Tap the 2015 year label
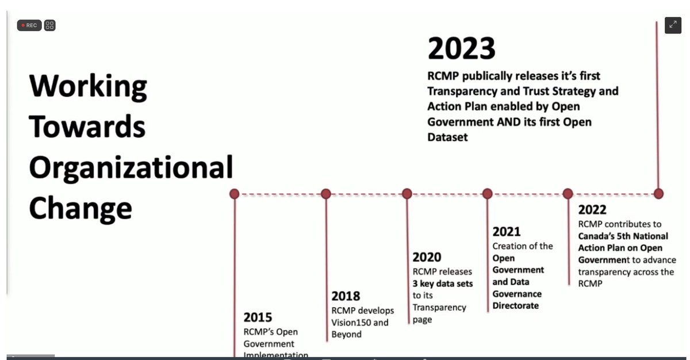[258, 317]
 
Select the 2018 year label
[346, 296]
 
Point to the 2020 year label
[427, 257]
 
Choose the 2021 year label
[507, 232]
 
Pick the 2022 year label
[592, 210]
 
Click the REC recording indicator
[29, 25]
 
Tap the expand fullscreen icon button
[673, 25]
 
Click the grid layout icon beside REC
[50, 25]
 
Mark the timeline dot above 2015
[235, 194]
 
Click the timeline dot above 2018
[326, 194]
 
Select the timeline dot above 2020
[407, 194]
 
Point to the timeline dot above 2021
[488, 194]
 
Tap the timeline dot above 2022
[568, 194]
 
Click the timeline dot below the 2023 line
[658, 194]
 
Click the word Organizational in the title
[131, 168]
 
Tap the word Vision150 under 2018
[352, 323]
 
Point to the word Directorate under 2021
[516, 306]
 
